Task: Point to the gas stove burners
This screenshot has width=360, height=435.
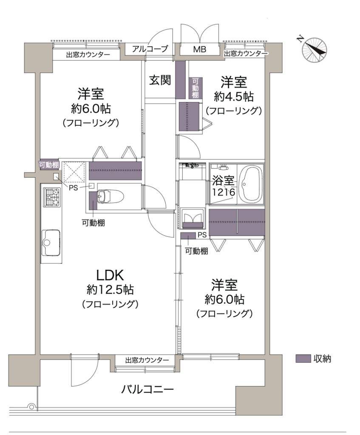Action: click(x=51, y=197)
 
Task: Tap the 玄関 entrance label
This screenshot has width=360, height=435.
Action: click(x=160, y=80)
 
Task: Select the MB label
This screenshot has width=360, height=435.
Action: click(x=200, y=49)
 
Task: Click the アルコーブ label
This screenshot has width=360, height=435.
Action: click(x=150, y=49)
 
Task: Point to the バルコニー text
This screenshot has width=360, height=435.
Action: click(x=147, y=390)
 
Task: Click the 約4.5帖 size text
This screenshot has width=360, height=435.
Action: click(x=234, y=97)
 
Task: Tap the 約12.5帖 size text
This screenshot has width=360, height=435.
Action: click(x=110, y=290)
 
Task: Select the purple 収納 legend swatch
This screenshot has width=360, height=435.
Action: click(x=303, y=359)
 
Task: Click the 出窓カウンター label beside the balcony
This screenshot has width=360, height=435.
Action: click(x=147, y=360)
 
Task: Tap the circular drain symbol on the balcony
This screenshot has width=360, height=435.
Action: click(x=31, y=407)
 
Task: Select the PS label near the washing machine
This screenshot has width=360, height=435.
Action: click(x=202, y=235)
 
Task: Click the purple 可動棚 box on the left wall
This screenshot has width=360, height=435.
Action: click(x=49, y=165)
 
